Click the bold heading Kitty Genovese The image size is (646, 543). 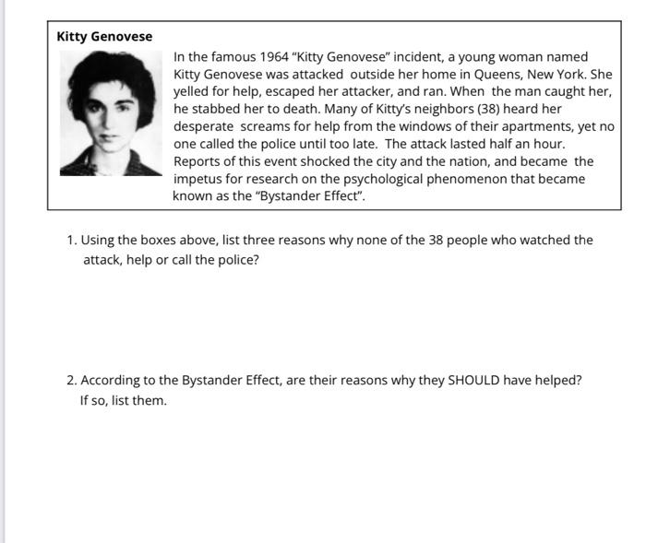(x=104, y=37)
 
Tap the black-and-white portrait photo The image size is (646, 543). (x=110, y=112)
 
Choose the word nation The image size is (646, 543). (x=485, y=161)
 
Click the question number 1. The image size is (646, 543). (x=71, y=241)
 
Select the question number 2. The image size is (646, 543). (x=71, y=381)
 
